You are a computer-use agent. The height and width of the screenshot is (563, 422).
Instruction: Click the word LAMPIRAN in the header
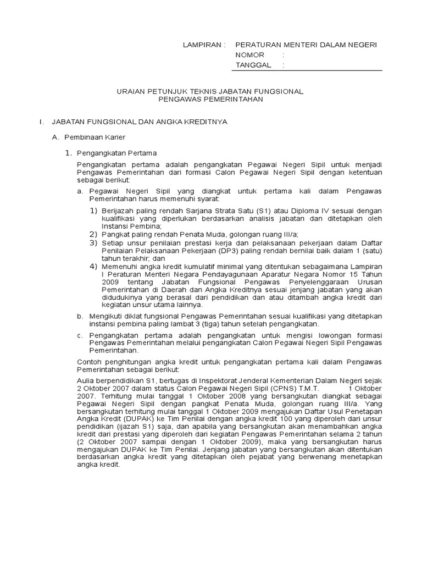click(201, 45)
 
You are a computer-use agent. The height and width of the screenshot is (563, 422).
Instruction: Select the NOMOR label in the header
click(249, 55)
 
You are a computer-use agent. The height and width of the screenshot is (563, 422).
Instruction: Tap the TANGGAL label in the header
click(253, 65)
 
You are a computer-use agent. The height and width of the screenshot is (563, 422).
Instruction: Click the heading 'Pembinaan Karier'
click(97, 136)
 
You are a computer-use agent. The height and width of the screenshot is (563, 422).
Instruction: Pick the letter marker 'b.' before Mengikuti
click(80, 317)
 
